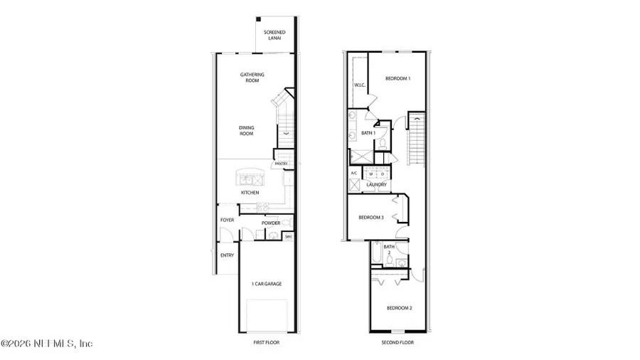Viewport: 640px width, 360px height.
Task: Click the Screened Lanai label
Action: coord(274,36)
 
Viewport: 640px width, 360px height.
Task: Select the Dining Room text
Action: coord(247,130)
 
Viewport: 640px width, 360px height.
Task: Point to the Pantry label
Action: coord(282,164)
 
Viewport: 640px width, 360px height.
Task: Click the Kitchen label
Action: coord(250,193)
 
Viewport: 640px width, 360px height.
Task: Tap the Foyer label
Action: coord(227,220)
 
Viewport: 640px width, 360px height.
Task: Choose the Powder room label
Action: coord(272,223)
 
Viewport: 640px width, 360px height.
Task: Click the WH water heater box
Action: coord(288,237)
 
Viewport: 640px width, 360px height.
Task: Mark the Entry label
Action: coord(227,255)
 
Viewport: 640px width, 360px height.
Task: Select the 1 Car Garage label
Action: coord(267,284)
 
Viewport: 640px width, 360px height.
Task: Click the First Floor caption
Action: coord(267,342)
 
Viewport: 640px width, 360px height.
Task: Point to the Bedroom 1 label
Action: coord(398,78)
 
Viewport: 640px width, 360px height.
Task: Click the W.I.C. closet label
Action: coord(359,86)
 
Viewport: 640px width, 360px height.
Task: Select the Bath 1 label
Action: coord(368,133)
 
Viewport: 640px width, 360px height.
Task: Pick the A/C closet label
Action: coord(354,174)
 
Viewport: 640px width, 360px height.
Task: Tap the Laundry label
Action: coord(376,184)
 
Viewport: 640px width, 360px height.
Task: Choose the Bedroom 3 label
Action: coord(371,218)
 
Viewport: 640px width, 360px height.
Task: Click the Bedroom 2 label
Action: coord(399,308)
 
